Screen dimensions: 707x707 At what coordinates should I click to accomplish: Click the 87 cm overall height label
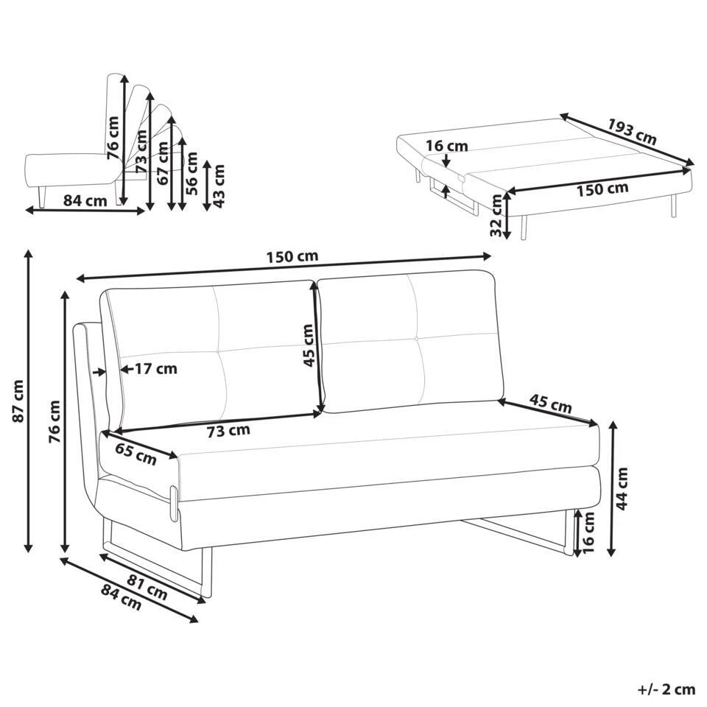[18, 401]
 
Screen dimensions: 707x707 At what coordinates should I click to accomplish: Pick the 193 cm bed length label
[631, 130]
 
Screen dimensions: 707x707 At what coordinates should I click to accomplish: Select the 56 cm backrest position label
[191, 172]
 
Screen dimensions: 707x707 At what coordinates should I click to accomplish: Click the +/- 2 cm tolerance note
[666, 689]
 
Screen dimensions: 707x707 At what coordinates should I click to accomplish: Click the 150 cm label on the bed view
[602, 189]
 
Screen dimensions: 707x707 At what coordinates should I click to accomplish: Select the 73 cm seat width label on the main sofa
[228, 429]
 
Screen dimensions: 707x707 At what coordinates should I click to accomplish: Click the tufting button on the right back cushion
[417, 337]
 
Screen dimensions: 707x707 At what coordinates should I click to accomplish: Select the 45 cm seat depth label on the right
[550, 404]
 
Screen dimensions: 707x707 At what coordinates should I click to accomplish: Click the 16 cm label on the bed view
[447, 146]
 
